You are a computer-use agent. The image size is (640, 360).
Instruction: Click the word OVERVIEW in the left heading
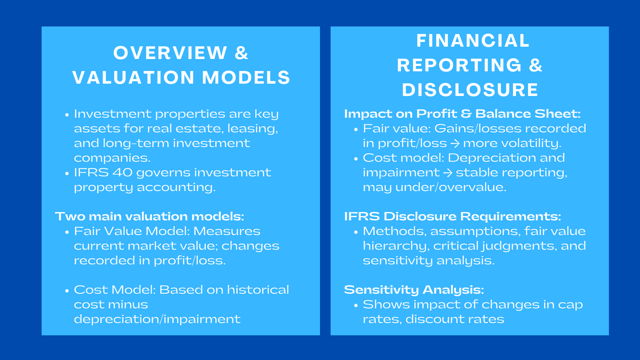point(170,53)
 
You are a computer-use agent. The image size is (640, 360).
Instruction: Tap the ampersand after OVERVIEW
point(241,53)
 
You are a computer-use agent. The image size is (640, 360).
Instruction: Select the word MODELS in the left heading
point(246,78)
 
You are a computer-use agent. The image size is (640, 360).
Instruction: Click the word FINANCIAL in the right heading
point(473,41)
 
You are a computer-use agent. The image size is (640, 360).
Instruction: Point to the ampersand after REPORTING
point(536,65)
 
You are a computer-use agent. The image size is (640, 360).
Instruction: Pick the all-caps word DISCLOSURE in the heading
point(470,90)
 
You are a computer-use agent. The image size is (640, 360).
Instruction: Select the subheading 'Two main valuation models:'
point(150,216)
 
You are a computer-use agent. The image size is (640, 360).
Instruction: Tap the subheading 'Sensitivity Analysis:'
point(414,290)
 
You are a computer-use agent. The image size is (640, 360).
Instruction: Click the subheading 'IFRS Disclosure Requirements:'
point(453,216)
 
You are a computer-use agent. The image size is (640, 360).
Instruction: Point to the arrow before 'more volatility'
point(455,144)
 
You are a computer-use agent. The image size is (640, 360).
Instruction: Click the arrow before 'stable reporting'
point(448,173)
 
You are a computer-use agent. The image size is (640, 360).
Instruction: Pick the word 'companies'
point(112,158)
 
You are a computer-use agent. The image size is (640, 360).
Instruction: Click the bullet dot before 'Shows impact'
point(356,305)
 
